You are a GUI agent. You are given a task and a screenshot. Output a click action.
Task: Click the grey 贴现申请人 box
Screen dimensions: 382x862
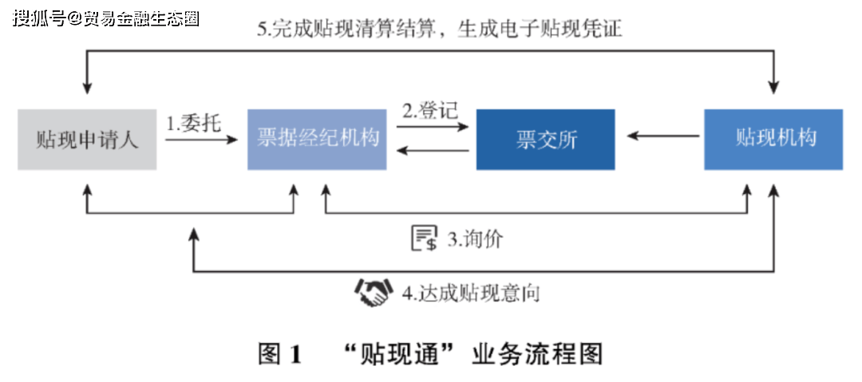(87, 140)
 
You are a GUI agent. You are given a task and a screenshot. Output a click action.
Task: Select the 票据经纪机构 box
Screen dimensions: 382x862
(317, 140)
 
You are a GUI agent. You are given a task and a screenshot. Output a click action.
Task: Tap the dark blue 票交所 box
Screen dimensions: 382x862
(545, 140)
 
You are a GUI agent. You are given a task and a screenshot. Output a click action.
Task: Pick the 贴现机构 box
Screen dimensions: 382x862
(773, 140)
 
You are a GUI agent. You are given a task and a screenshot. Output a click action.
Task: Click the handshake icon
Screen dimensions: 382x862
(374, 293)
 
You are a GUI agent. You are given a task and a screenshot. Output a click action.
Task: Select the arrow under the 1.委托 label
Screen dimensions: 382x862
(202, 140)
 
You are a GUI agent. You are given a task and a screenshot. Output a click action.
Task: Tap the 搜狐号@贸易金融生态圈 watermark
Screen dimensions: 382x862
(106, 18)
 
